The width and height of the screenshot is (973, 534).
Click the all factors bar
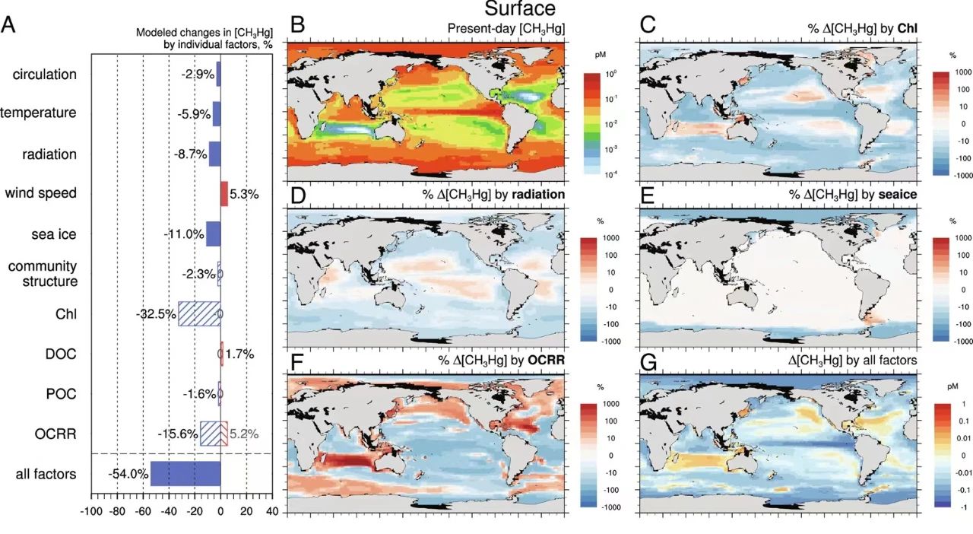[185, 473]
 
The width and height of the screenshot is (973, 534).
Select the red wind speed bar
[224, 193]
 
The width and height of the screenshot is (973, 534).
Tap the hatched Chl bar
[199, 313]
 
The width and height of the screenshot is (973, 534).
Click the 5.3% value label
[244, 194]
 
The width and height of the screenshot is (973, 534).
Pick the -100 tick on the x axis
[91, 511]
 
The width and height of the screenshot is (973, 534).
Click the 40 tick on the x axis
[272, 511]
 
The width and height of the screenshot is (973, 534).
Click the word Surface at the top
[520, 9]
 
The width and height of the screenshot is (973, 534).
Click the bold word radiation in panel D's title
[539, 195]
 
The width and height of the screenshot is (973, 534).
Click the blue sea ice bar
[213, 234]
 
